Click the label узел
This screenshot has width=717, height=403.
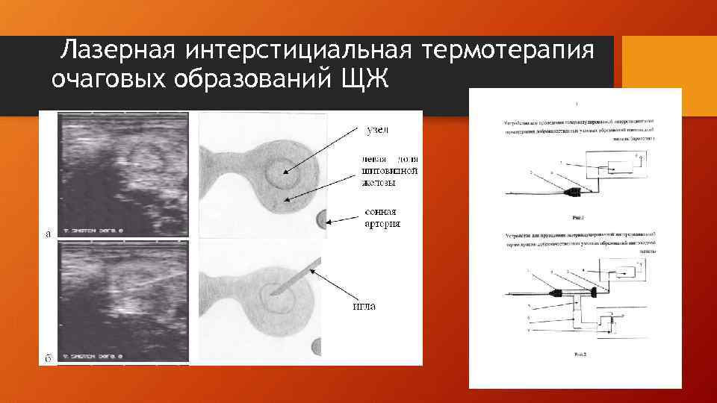click(380, 131)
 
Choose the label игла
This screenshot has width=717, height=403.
click(363, 305)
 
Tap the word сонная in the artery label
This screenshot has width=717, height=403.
click(381, 211)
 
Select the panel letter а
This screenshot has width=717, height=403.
click(48, 234)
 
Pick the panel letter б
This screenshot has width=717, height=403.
click(48, 357)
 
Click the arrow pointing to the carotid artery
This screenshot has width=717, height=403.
click(345, 219)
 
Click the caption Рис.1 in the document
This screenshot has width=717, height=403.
click(576, 219)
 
